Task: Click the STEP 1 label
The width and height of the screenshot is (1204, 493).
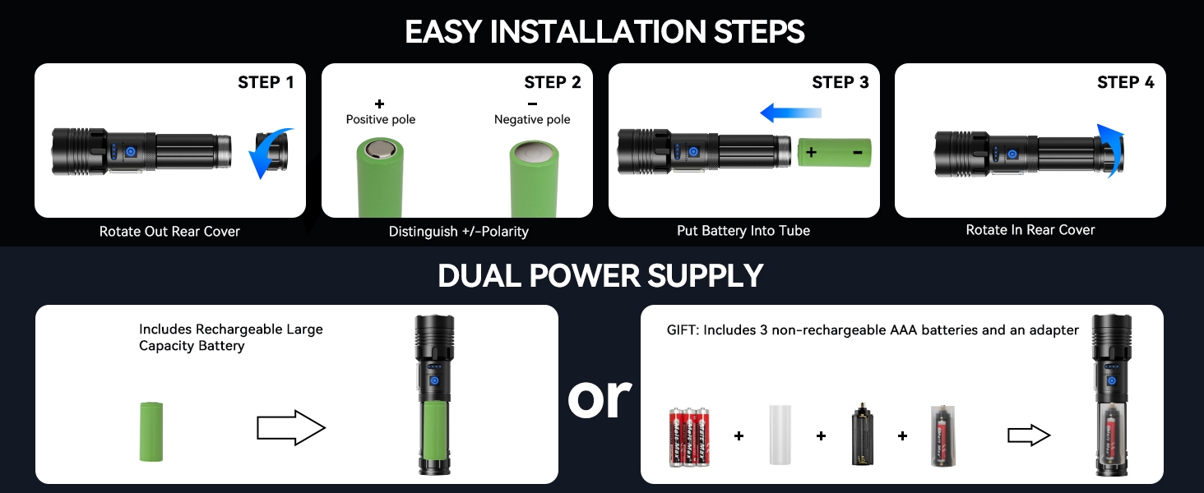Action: coord(266,82)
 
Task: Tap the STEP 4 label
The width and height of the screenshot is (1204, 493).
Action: coord(1125,82)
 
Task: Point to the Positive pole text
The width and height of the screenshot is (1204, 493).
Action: coord(380,120)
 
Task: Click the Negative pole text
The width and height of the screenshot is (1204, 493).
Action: coord(532,120)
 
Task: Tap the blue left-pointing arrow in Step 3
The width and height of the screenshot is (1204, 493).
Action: coord(790,113)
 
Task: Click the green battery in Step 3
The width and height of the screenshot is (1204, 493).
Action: coord(834,152)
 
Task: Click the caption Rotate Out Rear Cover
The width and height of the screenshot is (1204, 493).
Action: coord(169,232)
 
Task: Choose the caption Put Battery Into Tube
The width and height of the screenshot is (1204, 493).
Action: coord(743,231)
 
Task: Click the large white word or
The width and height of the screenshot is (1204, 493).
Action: coord(600,399)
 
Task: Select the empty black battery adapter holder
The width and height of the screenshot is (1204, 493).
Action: coord(862,435)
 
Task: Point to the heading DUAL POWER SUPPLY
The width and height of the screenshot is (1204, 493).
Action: coord(601,275)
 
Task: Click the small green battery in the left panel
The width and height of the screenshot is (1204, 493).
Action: coord(152,431)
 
